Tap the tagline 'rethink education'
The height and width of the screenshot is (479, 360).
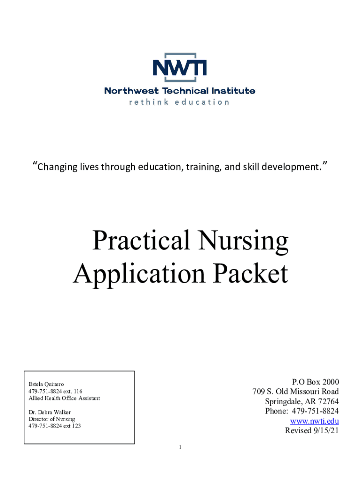point(180,102)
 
